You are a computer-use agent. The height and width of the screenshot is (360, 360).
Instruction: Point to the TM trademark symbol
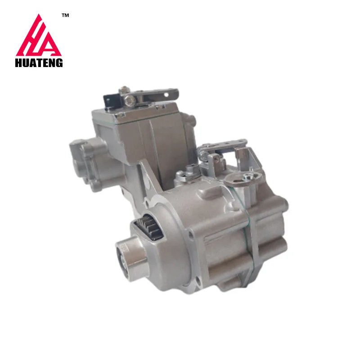tap(65, 16)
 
